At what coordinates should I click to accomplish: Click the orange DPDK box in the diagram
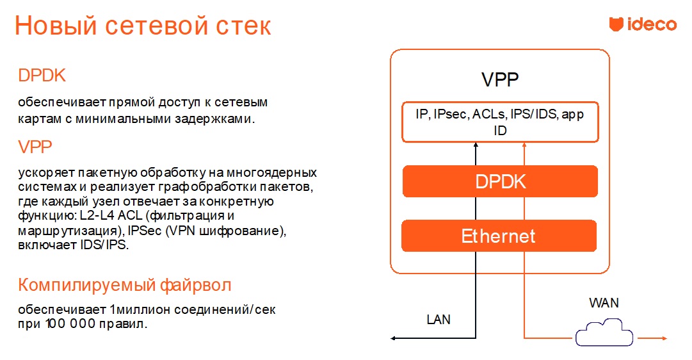tap(500, 181)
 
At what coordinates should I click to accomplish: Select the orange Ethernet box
tap(499, 236)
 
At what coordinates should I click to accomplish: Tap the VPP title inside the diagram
tap(500, 81)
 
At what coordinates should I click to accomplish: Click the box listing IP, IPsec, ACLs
tap(500, 122)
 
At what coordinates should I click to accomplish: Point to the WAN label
tap(604, 302)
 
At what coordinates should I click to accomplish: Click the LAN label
tap(439, 319)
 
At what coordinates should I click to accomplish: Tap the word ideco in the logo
tap(651, 25)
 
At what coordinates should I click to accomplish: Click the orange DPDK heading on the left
tap(42, 76)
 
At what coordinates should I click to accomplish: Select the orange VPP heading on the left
tap(35, 147)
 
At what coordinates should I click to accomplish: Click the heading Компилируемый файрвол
tap(124, 284)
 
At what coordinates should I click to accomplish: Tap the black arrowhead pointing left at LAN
tap(394, 337)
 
